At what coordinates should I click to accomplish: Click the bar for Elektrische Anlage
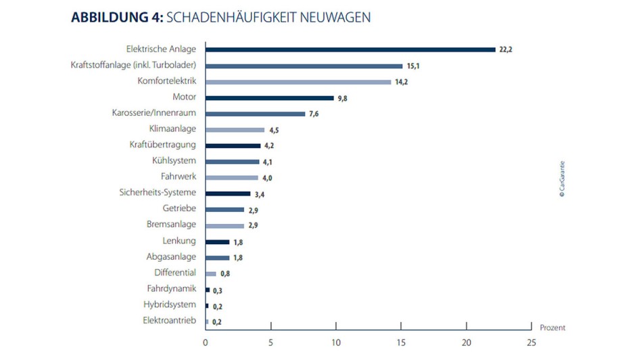pyautogui.click(x=350, y=49)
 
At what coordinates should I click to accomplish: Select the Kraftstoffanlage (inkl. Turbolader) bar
pyautogui.click(x=304, y=66)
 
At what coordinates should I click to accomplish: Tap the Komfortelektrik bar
pyautogui.click(x=298, y=82)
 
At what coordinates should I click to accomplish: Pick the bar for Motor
pyautogui.click(x=269, y=97)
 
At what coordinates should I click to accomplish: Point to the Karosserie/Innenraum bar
pyautogui.click(x=255, y=114)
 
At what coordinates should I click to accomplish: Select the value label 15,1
pyautogui.click(x=413, y=66)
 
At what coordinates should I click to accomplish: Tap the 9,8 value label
pyautogui.click(x=344, y=98)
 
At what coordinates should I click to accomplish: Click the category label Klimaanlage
pyautogui.click(x=172, y=129)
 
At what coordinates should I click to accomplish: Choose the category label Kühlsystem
pyautogui.click(x=174, y=161)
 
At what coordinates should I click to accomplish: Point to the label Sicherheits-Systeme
pyautogui.click(x=158, y=193)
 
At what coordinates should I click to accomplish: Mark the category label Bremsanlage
pyautogui.click(x=171, y=224)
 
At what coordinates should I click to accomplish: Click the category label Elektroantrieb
pyautogui.click(x=170, y=320)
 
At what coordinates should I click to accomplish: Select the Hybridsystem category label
pyautogui.click(x=170, y=305)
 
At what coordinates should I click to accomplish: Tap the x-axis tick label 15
pyautogui.click(x=401, y=343)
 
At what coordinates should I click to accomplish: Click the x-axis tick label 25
pyautogui.click(x=531, y=343)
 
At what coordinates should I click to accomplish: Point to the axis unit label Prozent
pyautogui.click(x=552, y=328)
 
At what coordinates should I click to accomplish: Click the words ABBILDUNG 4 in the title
pyautogui.click(x=114, y=18)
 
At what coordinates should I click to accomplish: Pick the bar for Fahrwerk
pyautogui.click(x=231, y=177)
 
